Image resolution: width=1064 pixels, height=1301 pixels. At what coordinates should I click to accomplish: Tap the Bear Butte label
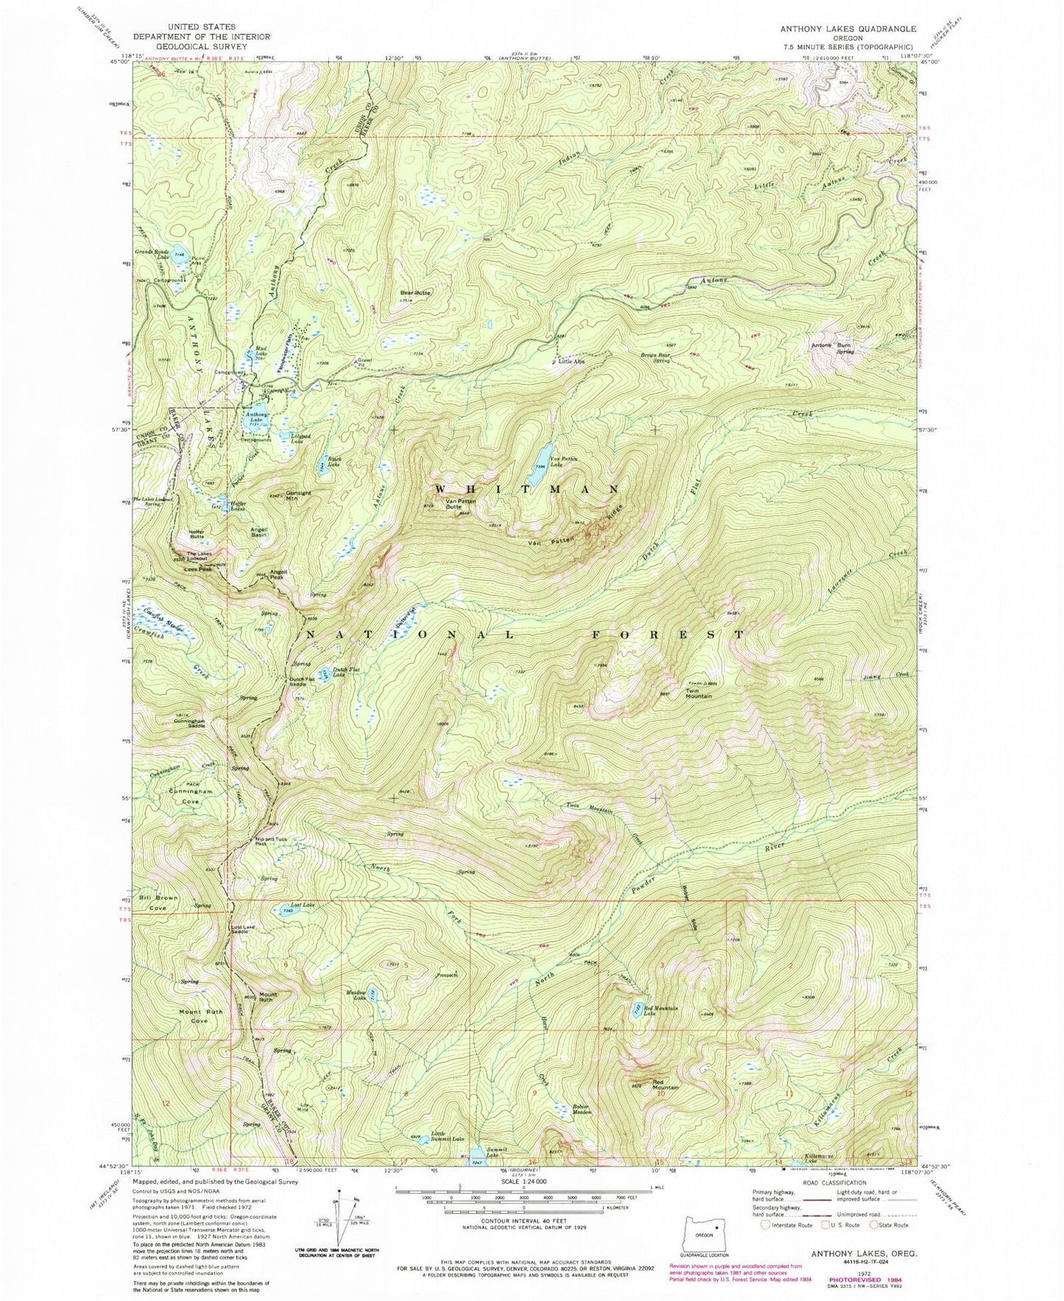point(415,293)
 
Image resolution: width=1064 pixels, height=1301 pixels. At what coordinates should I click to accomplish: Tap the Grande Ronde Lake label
point(153,254)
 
